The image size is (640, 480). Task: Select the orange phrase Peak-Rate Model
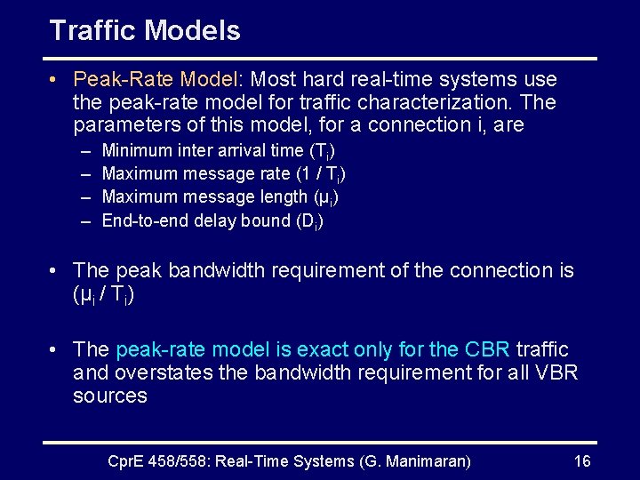(x=145, y=79)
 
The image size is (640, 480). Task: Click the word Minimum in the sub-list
(x=138, y=150)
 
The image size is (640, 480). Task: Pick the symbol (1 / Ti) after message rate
(x=320, y=174)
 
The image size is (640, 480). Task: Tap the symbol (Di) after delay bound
(x=309, y=221)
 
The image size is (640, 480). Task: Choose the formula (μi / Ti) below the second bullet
(x=103, y=294)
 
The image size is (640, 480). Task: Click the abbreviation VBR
(x=557, y=372)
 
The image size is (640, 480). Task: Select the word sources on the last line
(x=109, y=396)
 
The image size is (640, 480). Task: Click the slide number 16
(x=582, y=460)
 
